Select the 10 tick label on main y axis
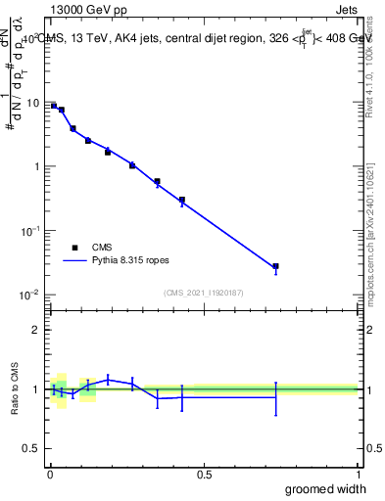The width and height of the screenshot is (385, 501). (32, 103)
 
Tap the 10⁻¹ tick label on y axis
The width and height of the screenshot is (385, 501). (30, 230)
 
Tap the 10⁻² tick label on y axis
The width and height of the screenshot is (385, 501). (30, 294)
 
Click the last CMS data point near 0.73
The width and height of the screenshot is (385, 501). (276, 266)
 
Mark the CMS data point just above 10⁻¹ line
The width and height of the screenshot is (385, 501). (182, 200)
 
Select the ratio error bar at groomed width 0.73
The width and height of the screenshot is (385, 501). (276, 397)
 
